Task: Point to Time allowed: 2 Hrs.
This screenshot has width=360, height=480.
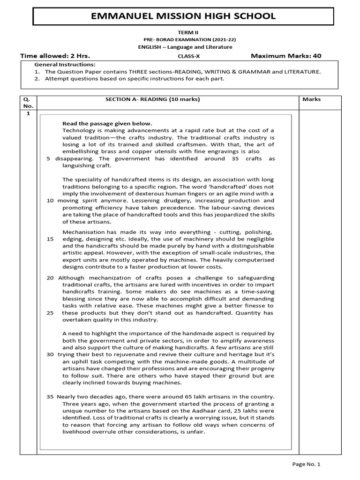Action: pyautogui.click(x=55, y=56)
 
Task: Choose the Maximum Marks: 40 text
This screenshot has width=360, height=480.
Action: pyautogui.click(x=286, y=56)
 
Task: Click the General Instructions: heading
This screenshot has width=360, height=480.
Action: pyautogui.click(x=65, y=64)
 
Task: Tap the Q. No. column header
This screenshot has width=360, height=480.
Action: pyautogui.click(x=27, y=103)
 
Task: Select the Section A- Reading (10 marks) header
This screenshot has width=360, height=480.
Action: pyautogui.click(x=152, y=99)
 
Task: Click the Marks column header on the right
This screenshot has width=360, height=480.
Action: pyautogui.click(x=311, y=99)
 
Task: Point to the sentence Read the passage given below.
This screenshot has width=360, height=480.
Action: pyautogui.click(x=107, y=123)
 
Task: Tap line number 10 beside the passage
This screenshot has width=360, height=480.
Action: pyautogui.click(x=50, y=201)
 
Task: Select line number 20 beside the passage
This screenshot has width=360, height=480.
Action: pyautogui.click(x=50, y=278)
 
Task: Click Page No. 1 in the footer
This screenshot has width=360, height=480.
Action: pyautogui.click(x=306, y=465)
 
